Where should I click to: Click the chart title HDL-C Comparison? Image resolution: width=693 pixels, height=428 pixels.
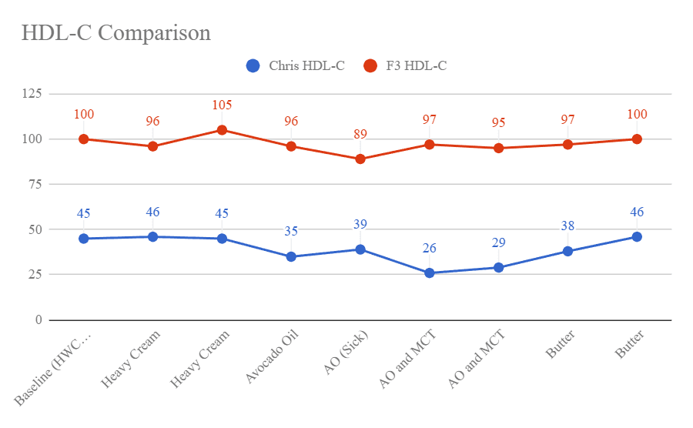point(116,34)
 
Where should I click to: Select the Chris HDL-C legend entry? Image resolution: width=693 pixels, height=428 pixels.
point(295,66)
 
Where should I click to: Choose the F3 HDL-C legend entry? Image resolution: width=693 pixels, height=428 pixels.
point(405,66)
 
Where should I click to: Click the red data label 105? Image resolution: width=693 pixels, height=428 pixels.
point(222,105)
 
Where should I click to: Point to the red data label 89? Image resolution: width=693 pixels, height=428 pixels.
point(360,135)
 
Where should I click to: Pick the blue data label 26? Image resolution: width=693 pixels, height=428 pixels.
point(430,249)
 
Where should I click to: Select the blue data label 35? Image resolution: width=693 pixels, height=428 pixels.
point(291,231)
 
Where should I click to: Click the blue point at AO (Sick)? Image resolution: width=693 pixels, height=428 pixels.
point(360,249)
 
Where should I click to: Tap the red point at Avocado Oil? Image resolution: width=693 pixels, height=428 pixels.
point(291,146)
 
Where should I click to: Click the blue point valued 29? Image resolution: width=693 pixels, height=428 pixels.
point(499,267)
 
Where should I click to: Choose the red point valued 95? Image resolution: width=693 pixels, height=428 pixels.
point(499,148)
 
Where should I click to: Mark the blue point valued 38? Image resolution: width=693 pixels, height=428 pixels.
point(568,251)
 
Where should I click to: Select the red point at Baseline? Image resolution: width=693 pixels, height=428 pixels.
point(84,139)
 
